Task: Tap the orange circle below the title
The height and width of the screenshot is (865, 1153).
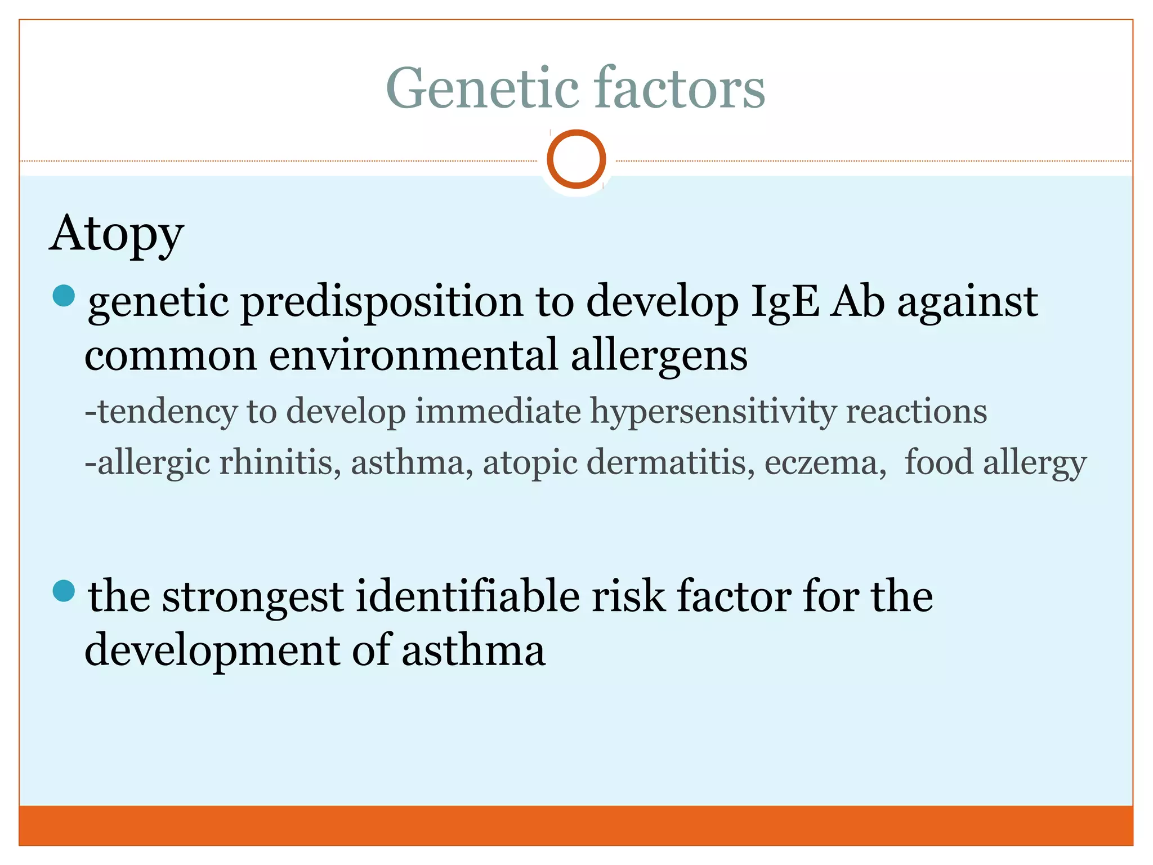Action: (576, 159)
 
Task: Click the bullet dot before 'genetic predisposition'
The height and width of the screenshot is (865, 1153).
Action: (64, 296)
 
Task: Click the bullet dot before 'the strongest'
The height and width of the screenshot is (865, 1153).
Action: (64, 591)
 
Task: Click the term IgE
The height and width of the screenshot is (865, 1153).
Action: (784, 302)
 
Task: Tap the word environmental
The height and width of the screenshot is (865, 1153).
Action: (414, 356)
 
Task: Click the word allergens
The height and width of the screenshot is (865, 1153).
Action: (659, 356)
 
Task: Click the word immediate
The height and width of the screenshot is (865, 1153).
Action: (498, 411)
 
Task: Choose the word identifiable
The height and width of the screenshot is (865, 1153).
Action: (468, 596)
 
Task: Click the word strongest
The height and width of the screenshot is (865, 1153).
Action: (253, 598)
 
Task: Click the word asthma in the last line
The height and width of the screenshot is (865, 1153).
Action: (473, 650)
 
